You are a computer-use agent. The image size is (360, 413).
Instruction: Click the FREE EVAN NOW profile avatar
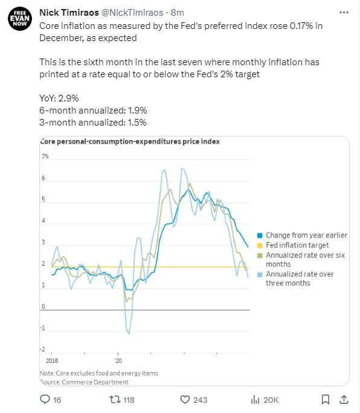[x=20, y=19]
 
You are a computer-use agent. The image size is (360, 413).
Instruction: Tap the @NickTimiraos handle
[x=132, y=13]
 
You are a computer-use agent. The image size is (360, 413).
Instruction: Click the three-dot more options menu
[x=344, y=13]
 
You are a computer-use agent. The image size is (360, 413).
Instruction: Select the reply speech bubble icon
[x=45, y=399]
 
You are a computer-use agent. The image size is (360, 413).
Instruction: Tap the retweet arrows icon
[x=115, y=400]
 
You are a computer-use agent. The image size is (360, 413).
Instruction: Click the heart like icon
[x=185, y=399]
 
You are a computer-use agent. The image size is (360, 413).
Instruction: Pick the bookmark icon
[x=326, y=399]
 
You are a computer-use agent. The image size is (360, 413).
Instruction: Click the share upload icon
[x=344, y=399]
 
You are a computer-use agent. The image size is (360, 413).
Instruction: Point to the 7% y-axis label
[x=45, y=156]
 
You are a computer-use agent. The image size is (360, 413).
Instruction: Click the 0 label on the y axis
[x=43, y=306]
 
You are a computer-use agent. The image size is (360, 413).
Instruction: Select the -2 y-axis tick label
[x=42, y=349]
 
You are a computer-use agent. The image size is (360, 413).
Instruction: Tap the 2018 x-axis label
[x=52, y=360]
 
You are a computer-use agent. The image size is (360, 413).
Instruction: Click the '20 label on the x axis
[x=118, y=360]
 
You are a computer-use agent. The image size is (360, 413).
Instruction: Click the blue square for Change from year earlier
[x=260, y=235]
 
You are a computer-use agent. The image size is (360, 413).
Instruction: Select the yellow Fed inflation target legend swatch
[x=260, y=246]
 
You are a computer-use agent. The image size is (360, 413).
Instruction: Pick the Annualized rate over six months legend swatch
[x=260, y=255]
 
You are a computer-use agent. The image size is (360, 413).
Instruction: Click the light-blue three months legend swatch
[x=260, y=275]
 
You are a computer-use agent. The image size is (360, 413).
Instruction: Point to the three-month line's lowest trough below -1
[x=129, y=333]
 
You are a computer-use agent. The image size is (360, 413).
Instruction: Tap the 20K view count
[x=271, y=400]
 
